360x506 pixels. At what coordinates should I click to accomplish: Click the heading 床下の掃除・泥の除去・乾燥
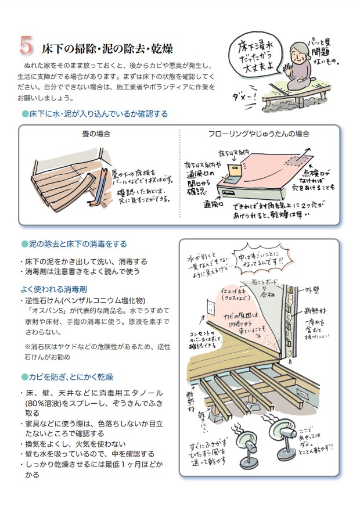107,48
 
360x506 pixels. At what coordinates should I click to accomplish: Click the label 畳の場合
96,134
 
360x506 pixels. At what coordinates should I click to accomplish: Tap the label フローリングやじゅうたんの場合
258,134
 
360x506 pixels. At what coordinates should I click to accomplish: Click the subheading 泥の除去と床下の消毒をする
76,244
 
